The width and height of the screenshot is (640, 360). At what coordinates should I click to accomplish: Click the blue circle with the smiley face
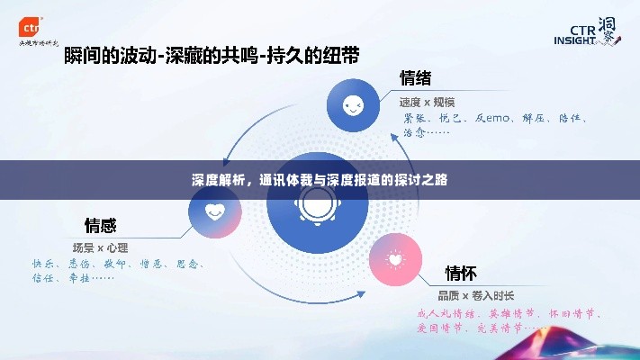pos(353,106)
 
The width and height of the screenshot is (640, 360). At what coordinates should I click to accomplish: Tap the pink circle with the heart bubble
pos(395,259)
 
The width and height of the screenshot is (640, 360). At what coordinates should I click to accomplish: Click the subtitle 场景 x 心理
pos(100,247)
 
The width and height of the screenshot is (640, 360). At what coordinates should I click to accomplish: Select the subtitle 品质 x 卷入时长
pos(476,295)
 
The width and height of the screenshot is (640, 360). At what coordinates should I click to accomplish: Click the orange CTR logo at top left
pos(33,22)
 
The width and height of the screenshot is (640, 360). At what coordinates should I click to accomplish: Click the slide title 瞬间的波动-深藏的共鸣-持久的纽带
pos(212,56)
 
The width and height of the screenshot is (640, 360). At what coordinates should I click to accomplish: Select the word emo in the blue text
pos(499,118)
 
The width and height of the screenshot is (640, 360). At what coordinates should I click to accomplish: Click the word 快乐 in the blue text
pos(43,265)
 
